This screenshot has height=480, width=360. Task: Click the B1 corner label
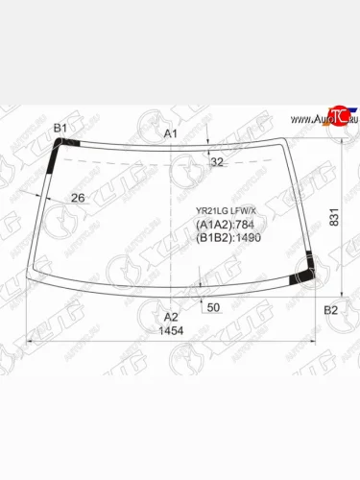pos(60,129)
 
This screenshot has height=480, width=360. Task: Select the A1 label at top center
pos(170,133)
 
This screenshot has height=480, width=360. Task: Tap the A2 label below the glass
pos(170,316)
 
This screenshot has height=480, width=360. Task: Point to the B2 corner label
pos(330,310)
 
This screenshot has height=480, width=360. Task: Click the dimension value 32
pos(216,162)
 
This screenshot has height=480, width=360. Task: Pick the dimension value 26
pos(79,199)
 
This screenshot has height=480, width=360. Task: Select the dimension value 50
pos(213,307)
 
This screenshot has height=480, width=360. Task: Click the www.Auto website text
pos(307,120)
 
